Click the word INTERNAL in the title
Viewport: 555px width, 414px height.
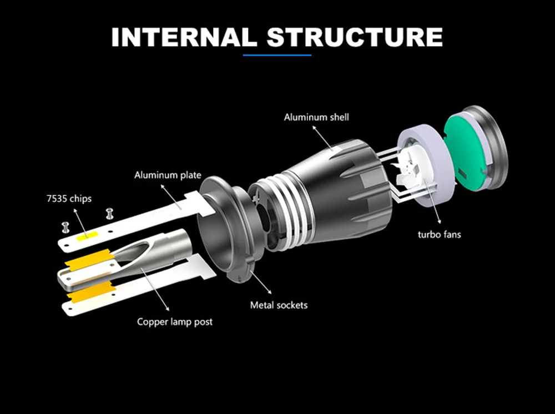pos(184,37)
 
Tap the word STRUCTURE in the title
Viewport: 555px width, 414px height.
pos(355,37)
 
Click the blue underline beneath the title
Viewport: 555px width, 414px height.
pos(277,55)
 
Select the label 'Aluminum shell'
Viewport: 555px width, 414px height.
pos(316,117)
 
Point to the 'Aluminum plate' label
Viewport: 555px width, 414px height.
pos(168,175)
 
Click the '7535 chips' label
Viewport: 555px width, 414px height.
pos(69,199)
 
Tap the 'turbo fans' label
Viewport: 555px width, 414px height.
pos(439,235)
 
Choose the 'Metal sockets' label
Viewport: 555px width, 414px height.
pos(279,305)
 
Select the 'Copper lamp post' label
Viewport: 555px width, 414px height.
pos(175,322)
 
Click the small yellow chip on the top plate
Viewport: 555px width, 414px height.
pos(87,236)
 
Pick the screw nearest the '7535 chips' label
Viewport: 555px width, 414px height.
pos(65,227)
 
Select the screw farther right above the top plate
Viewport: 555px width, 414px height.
pos(109,214)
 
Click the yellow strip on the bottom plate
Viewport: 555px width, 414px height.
pos(92,292)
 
